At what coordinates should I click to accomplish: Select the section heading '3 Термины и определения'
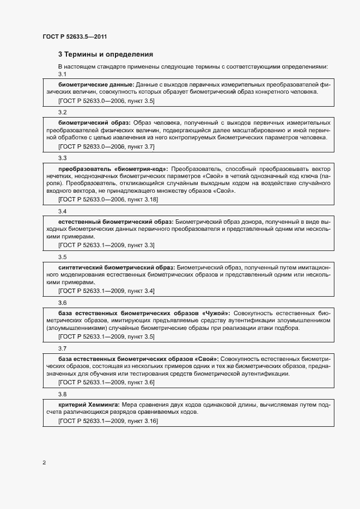tap(105, 54)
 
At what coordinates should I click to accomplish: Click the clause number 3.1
tap(62, 74)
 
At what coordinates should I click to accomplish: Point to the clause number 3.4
tap(62, 211)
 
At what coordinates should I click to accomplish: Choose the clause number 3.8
tap(62, 394)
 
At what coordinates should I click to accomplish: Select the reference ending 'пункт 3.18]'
tap(143, 200)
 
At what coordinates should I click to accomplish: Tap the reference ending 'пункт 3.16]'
tap(143, 421)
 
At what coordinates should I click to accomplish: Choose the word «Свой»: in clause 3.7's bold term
tap(207, 359)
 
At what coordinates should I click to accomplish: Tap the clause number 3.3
tap(62, 158)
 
